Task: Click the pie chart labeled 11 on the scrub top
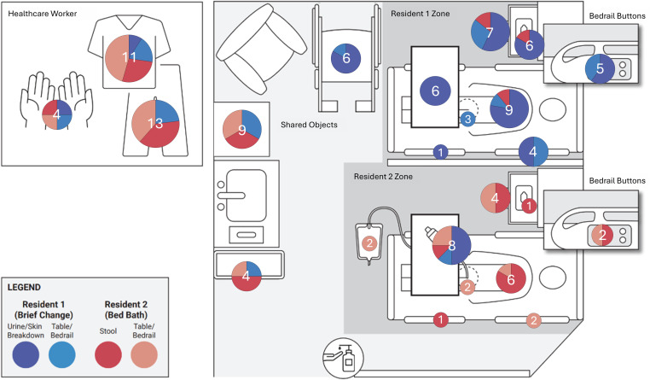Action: [129, 58]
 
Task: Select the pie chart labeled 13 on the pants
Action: [155, 123]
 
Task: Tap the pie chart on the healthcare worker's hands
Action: [57, 114]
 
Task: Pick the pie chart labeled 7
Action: [490, 32]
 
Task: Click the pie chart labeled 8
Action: [451, 245]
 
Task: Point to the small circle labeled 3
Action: [467, 120]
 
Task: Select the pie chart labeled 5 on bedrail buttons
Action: [600, 68]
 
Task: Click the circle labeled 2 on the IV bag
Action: [369, 243]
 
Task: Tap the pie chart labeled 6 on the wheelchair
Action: [346, 58]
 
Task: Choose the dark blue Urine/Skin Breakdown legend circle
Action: [26, 355]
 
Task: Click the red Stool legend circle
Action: [108, 355]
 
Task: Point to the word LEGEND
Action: [24, 288]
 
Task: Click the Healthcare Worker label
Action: [43, 14]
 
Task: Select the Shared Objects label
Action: [309, 125]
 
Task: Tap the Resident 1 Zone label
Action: [421, 14]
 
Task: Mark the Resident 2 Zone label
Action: [383, 177]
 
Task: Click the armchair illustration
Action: [261, 50]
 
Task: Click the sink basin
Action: [247, 195]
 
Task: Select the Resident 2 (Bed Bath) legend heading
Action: [126, 309]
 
